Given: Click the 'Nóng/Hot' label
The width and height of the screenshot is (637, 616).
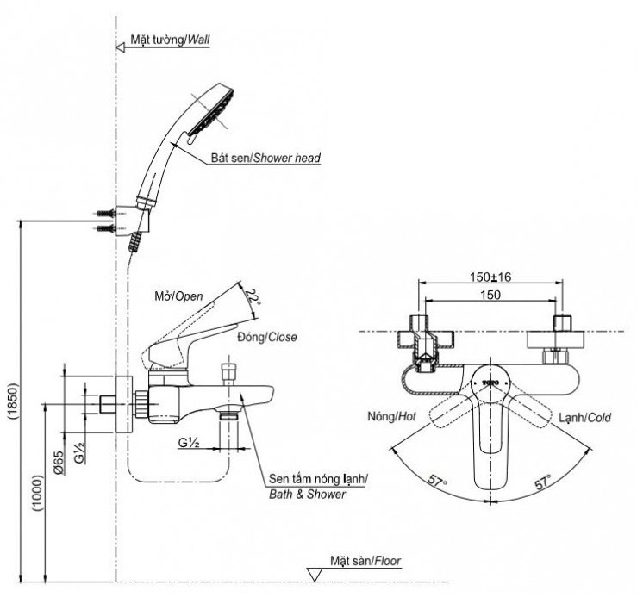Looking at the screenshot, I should pyautogui.click(x=390, y=417).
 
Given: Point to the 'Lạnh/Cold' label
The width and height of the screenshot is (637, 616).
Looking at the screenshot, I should pyautogui.click(x=584, y=417).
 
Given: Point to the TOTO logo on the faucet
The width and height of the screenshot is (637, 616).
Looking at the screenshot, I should pyautogui.click(x=490, y=379).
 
